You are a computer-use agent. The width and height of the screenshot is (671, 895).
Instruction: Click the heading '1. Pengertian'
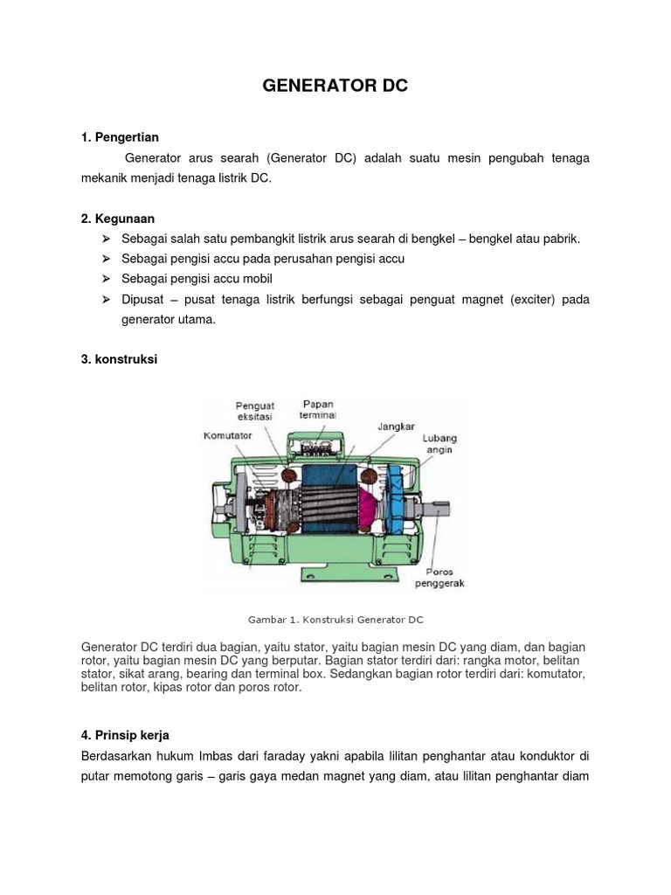click(x=120, y=137)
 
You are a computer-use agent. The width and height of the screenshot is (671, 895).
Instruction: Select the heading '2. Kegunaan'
click(x=117, y=218)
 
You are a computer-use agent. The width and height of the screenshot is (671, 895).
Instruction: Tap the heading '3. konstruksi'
click(x=119, y=359)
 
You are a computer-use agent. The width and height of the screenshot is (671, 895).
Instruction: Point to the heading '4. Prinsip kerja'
click(x=131, y=735)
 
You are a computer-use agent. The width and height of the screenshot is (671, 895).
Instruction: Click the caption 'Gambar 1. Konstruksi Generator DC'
click(x=335, y=620)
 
